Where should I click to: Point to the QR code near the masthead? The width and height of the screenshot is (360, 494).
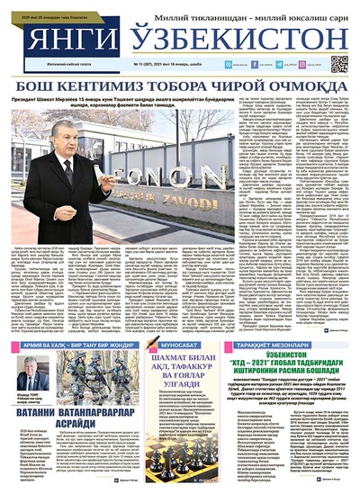click(338, 64)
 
